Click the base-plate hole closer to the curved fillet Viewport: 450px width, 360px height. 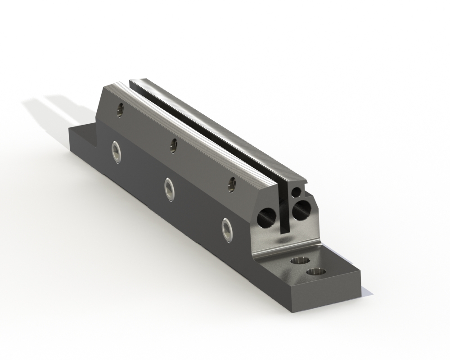click(x=297, y=261)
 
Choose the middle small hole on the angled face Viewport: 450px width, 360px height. click(x=173, y=145)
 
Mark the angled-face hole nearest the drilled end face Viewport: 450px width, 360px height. click(x=232, y=184)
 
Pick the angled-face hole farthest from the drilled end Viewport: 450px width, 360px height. click(x=120, y=108)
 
